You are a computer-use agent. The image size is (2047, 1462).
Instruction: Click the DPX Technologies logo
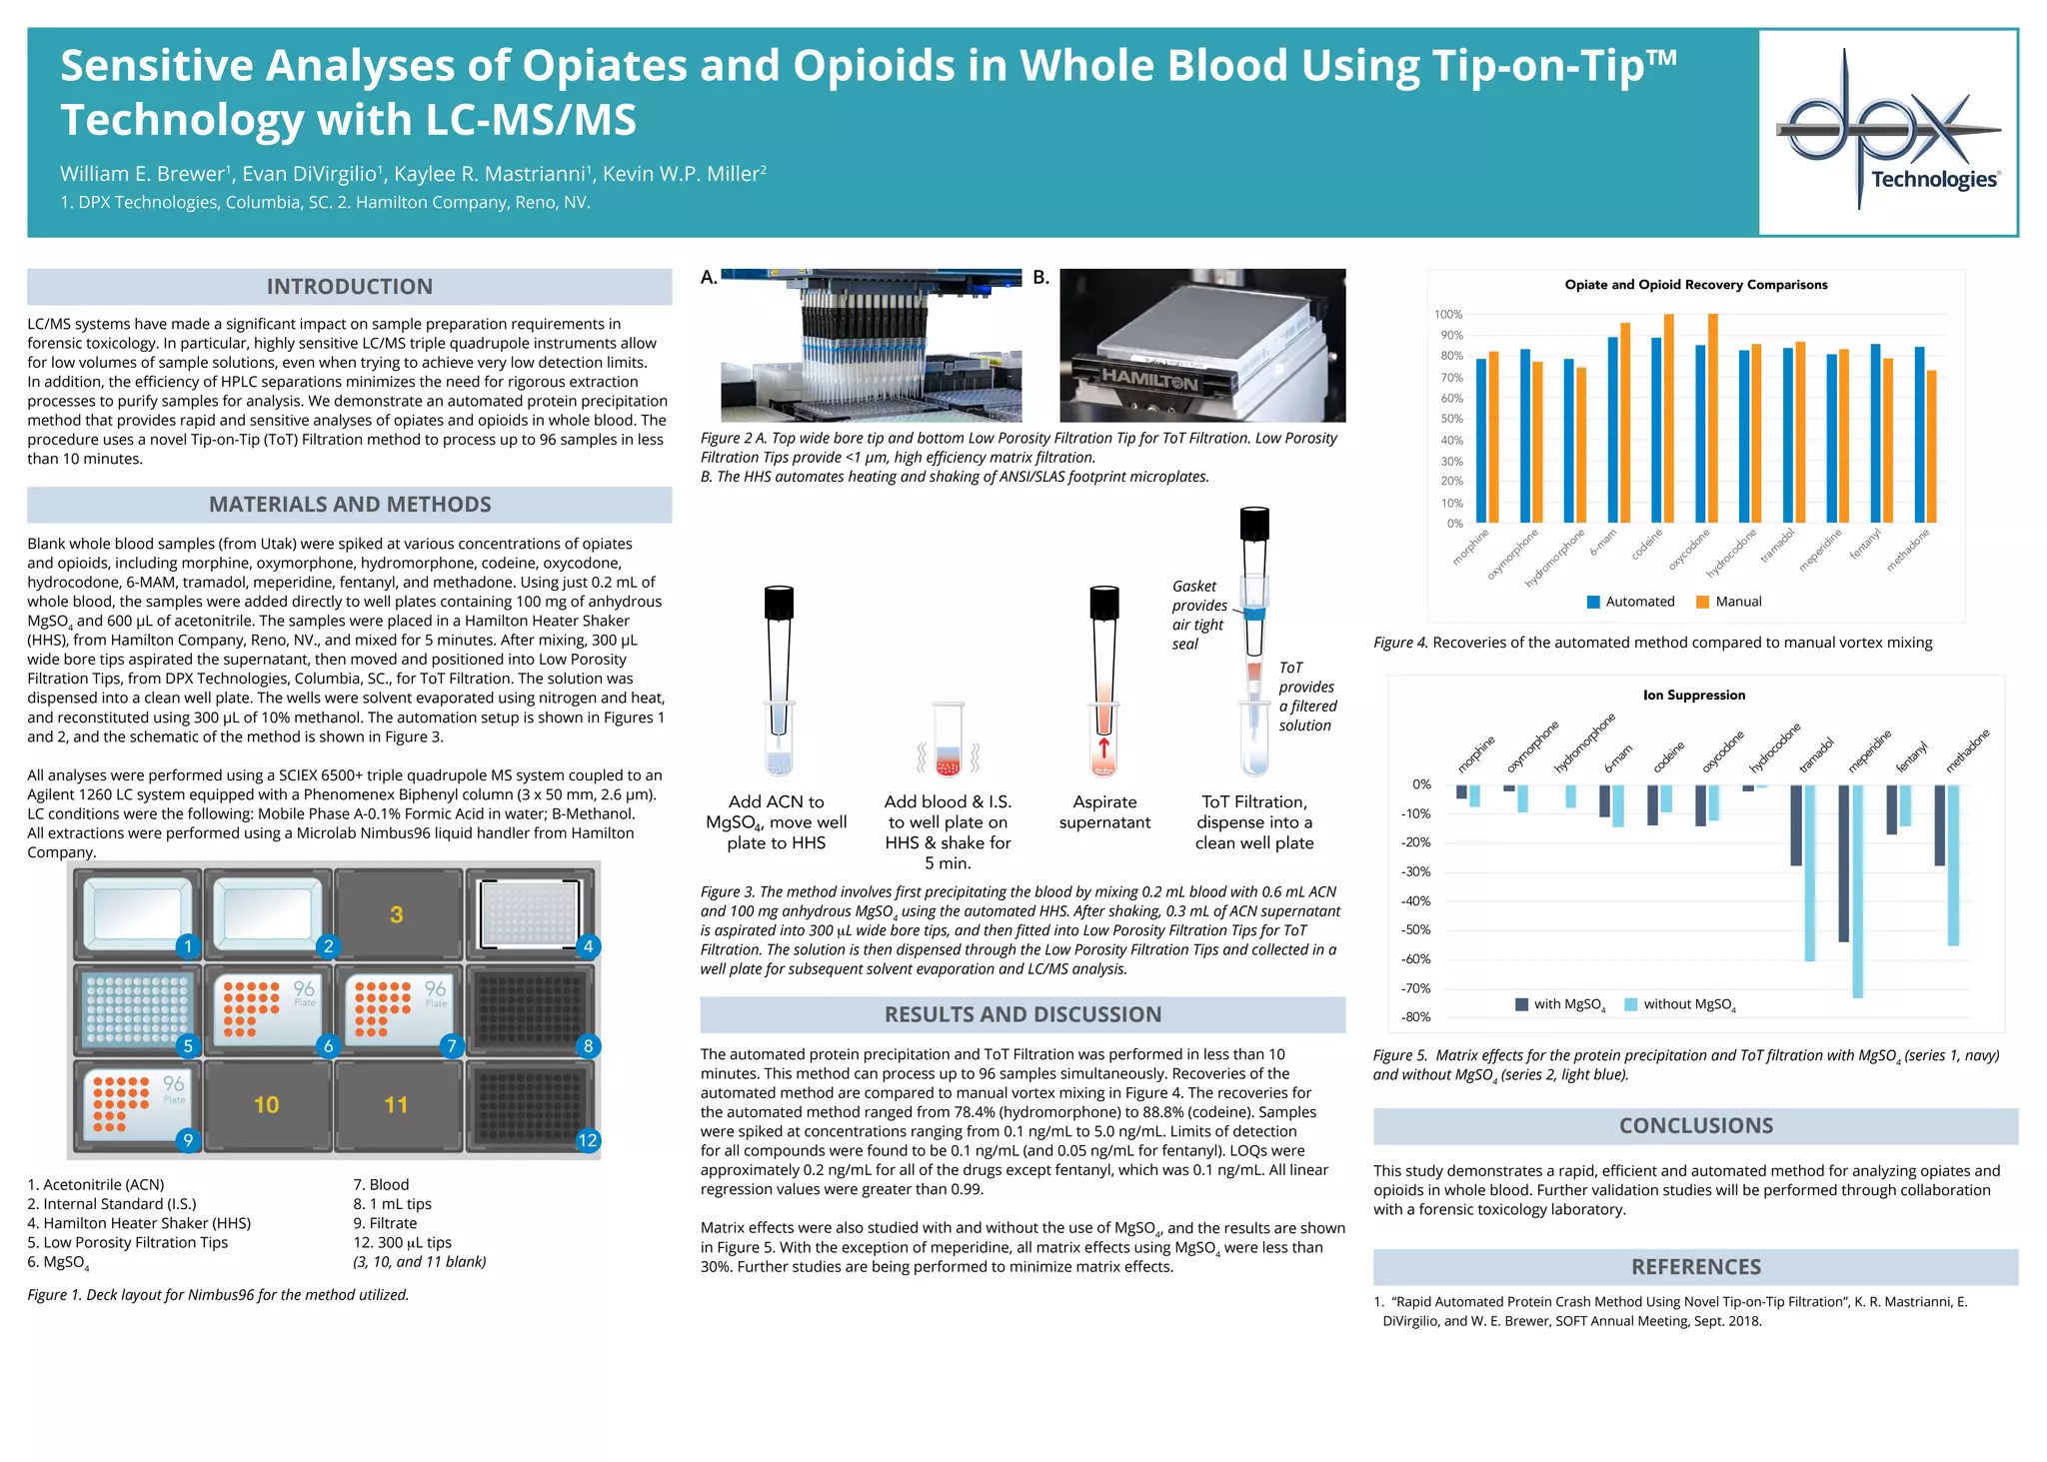coord(1888,132)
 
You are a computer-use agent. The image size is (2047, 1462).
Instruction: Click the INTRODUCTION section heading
coord(349,287)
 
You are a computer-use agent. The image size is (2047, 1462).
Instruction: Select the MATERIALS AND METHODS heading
coord(349,505)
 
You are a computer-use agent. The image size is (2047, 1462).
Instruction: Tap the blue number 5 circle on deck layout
coord(188,1046)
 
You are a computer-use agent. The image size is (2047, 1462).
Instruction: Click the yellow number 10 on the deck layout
coord(266,1104)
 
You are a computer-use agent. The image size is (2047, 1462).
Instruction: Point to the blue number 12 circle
coord(588,1140)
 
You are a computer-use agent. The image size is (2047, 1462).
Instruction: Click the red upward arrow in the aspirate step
coord(1103,747)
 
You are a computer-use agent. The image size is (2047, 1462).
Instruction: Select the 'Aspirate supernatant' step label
coord(1104,811)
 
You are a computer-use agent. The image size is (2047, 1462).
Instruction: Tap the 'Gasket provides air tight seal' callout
coord(1199,615)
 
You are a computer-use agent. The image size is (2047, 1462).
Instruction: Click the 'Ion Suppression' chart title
coord(1693,696)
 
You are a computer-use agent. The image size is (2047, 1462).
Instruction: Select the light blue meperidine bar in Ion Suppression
coord(1857,889)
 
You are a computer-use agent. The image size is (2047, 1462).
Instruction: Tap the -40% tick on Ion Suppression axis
coord(1415,900)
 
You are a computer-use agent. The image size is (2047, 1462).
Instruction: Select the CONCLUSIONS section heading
coord(1695,1126)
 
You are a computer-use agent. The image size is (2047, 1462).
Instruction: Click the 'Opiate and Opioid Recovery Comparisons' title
coord(1695,285)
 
